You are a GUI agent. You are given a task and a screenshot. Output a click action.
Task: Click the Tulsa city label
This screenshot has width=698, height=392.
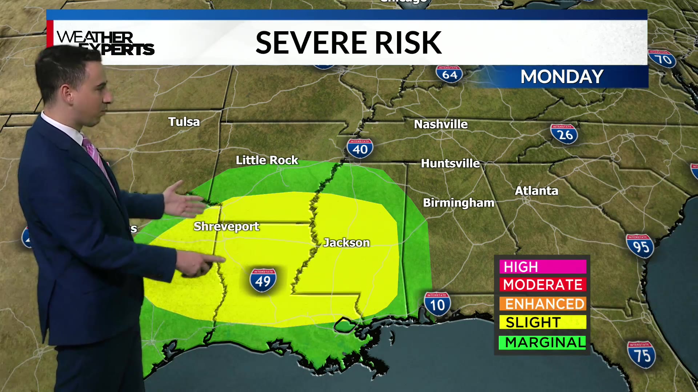pyautogui.click(x=184, y=122)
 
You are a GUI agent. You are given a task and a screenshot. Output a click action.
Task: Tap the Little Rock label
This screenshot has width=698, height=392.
pyautogui.click(x=267, y=160)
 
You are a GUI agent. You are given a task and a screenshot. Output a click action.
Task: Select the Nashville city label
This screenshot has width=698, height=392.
pyautogui.click(x=441, y=124)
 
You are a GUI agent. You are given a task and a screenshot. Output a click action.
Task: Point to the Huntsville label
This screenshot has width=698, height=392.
pyautogui.click(x=450, y=163)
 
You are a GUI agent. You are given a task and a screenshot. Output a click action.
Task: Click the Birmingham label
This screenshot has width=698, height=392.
pyautogui.click(x=458, y=203)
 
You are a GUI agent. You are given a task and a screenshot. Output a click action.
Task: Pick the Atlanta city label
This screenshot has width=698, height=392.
pyautogui.click(x=536, y=191)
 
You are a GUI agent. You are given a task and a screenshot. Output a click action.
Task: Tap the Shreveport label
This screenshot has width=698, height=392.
pyautogui.click(x=226, y=226)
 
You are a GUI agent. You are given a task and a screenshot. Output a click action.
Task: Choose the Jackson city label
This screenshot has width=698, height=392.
pyautogui.click(x=346, y=242)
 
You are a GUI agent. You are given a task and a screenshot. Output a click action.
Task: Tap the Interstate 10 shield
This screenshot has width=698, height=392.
pyautogui.click(x=437, y=304)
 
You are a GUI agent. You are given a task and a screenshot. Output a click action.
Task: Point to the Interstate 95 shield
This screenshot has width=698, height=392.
pyautogui.click(x=640, y=246)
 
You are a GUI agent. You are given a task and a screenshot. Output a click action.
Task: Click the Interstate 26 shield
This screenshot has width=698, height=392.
pyautogui.click(x=564, y=134)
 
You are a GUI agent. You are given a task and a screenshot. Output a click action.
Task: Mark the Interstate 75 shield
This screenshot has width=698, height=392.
pyautogui.click(x=641, y=354)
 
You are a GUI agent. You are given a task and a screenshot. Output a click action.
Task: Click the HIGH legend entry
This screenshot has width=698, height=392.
pyautogui.click(x=542, y=267)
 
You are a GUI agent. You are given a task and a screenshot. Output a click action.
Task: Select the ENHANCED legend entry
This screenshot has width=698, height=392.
pyautogui.click(x=542, y=304)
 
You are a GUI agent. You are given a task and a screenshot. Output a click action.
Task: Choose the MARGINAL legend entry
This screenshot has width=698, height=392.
pyautogui.click(x=542, y=342)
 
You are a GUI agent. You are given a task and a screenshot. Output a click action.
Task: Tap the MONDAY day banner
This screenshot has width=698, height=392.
pyautogui.click(x=562, y=77)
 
